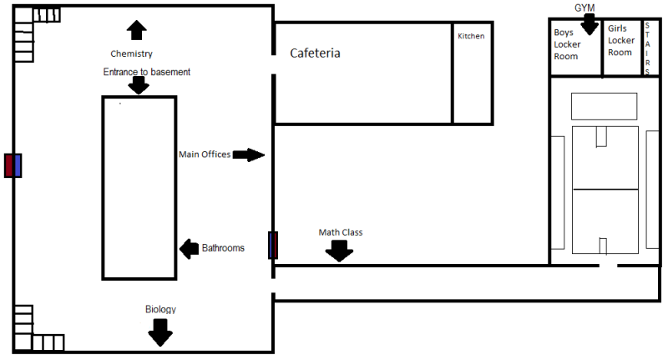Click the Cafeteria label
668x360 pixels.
click(x=315, y=53)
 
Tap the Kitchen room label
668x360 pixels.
click(x=471, y=36)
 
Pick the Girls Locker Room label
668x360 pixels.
click(x=620, y=40)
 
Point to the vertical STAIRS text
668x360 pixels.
click(x=647, y=48)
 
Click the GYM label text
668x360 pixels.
click(x=584, y=8)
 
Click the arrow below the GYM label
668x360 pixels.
click(x=590, y=24)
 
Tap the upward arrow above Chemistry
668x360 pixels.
click(x=136, y=30)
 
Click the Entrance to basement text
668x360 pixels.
click(x=147, y=72)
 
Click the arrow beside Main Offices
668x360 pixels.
click(x=249, y=155)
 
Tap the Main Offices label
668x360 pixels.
click(x=205, y=154)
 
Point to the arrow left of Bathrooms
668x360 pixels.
click(x=189, y=248)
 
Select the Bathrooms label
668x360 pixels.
click(x=223, y=248)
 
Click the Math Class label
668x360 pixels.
click(x=340, y=232)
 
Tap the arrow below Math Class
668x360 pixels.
click(x=339, y=250)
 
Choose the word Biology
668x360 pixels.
click(x=160, y=310)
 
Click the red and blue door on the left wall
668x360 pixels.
click(x=13, y=165)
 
